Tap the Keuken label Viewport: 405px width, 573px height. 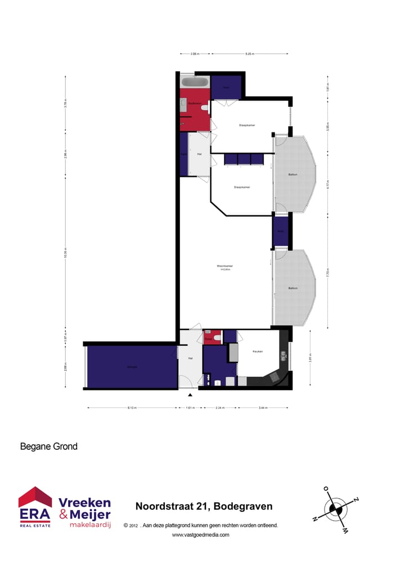click(x=258, y=351)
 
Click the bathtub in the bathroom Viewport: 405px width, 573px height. click(x=195, y=82)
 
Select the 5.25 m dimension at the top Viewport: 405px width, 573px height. click(x=250, y=54)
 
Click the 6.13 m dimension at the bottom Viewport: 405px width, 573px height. click(x=131, y=408)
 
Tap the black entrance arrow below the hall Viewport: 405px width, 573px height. click(x=190, y=395)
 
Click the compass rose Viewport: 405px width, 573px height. click(x=336, y=509)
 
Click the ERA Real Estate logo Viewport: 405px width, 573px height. click(x=35, y=507)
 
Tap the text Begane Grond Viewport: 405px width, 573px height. click(x=48, y=447)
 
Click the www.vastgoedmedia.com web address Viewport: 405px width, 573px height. click(x=200, y=535)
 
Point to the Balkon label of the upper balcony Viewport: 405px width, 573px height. click(x=292, y=174)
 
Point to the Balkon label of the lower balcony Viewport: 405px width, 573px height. click(x=292, y=288)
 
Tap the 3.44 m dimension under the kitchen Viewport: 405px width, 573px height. click(x=263, y=408)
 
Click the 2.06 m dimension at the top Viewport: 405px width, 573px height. click(x=195, y=54)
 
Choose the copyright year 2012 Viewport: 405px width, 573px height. click(x=133, y=526)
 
